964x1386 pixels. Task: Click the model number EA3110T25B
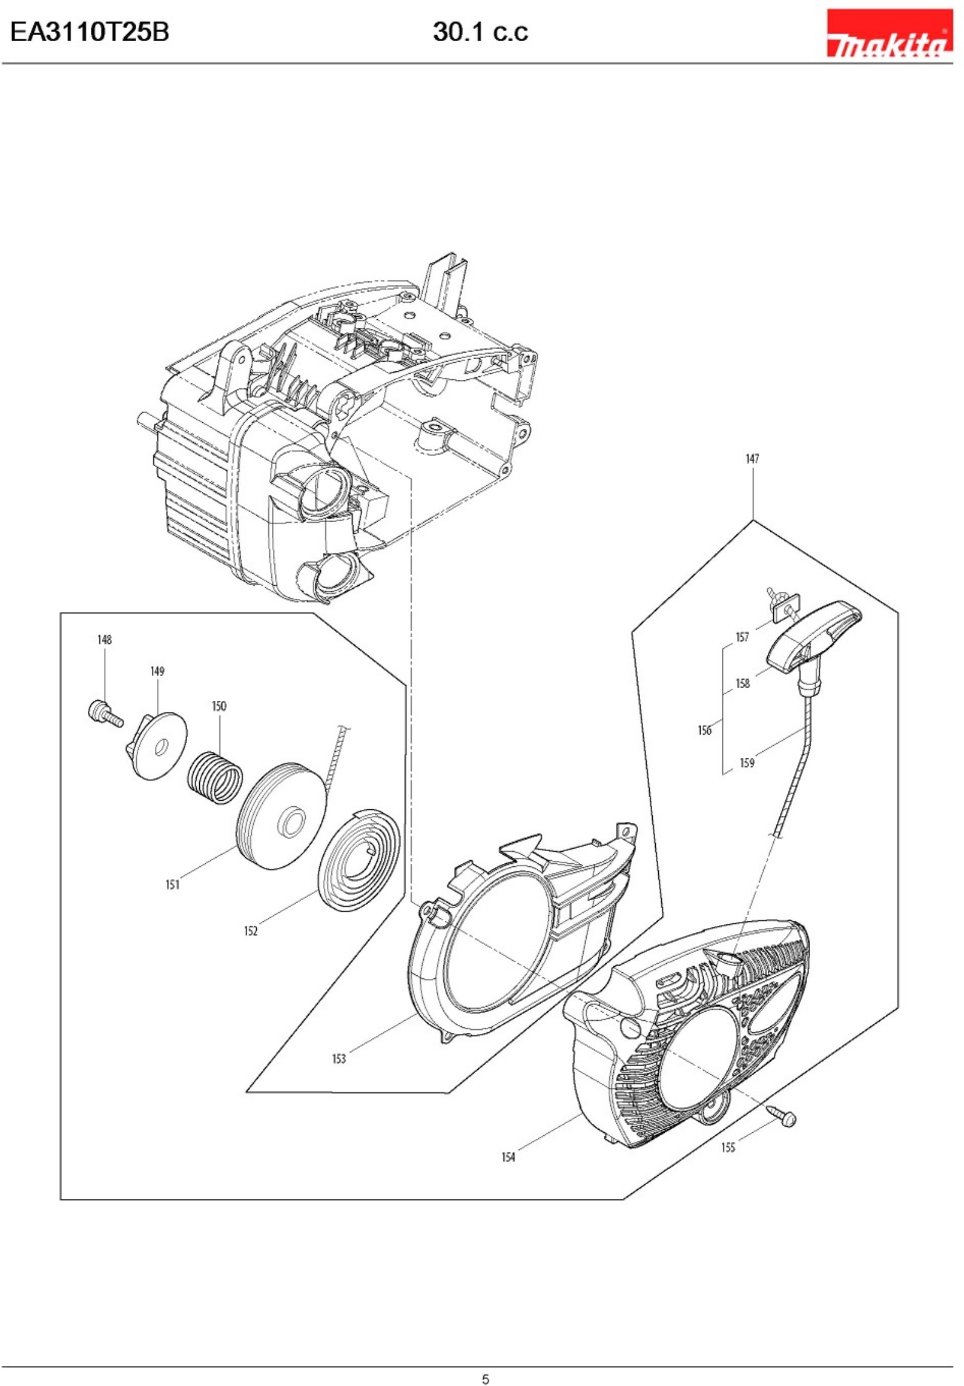tap(90, 31)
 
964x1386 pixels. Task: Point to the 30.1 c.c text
tap(480, 32)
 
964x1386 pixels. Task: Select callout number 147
tap(752, 459)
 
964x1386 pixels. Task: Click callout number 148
tap(105, 640)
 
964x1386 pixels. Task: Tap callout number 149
tap(157, 671)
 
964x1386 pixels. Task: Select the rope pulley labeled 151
tap(282, 817)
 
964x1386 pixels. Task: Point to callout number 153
tap(338, 1059)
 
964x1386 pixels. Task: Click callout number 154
tap(508, 1158)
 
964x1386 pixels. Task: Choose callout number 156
tap(704, 731)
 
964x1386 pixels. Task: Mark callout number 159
tap(747, 763)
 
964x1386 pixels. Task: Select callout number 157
tap(742, 637)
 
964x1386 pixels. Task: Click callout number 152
tap(251, 931)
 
